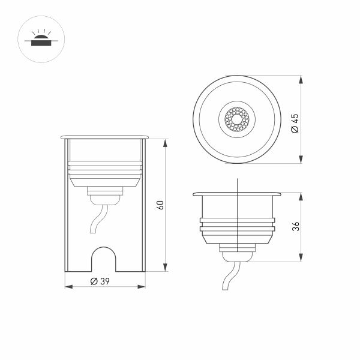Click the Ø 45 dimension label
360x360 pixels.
coord(294,125)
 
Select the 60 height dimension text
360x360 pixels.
coord(160,205)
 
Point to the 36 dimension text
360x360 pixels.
coord(295,227)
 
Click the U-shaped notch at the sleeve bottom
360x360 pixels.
coord(104,259)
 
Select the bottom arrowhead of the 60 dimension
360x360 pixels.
coord(164,269)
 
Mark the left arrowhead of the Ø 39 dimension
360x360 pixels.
coord(67,287)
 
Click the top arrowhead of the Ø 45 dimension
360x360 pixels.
coord(299,79)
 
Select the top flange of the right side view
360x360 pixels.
coord(238,194)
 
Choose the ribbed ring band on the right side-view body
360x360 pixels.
coord(238,224)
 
